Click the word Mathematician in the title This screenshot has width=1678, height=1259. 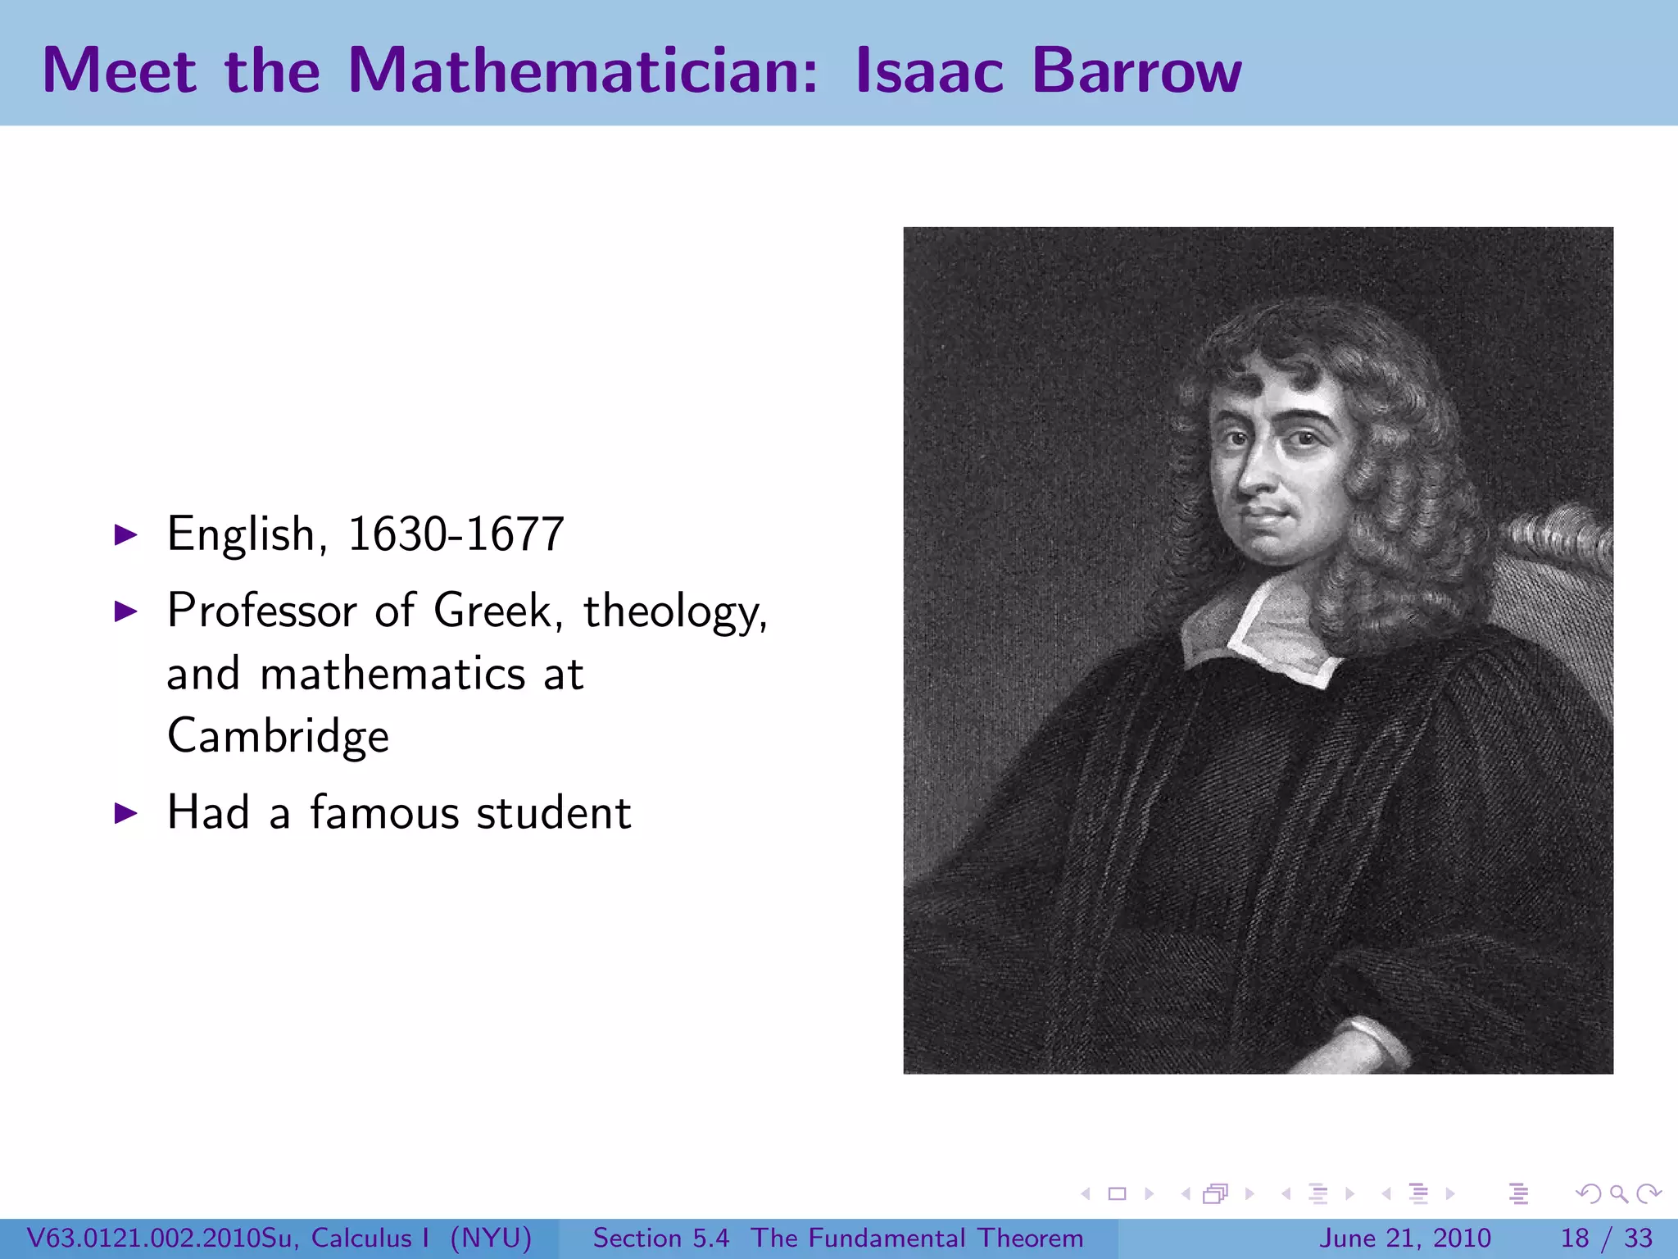[x=582, y=70]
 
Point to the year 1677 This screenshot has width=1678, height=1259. [x=516, y=534]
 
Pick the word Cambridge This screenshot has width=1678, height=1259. [x=278, y=736]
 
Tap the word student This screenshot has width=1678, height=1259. [x=554, y=813]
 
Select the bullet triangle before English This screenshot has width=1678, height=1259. [x=125, y=535]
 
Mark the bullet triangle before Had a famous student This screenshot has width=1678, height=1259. [x=125, y=813]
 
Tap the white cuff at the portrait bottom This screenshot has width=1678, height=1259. [x=1376, y=1041]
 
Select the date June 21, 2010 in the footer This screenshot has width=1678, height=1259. [x=1404, y=1238]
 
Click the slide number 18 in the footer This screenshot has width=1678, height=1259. [x=1575, y=1238]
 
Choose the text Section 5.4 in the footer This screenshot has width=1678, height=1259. [x=660, y=1238]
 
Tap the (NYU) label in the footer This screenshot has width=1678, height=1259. [x=491, y=1238]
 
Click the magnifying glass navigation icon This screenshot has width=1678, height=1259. [x=1618, y=1193]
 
